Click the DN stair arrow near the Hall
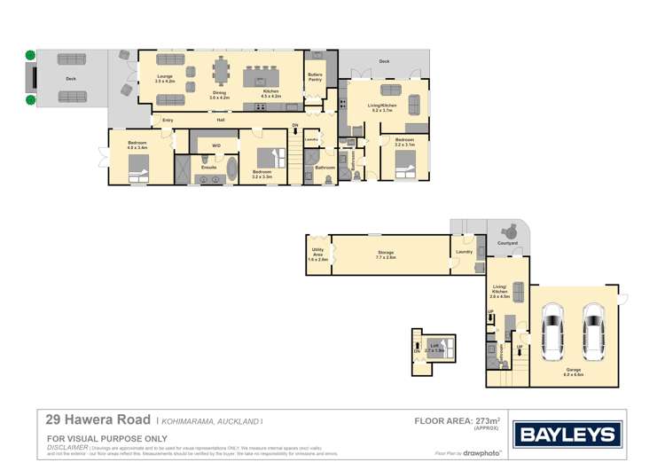(295, 129)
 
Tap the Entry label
(168, 119)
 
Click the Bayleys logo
(568, 435)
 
